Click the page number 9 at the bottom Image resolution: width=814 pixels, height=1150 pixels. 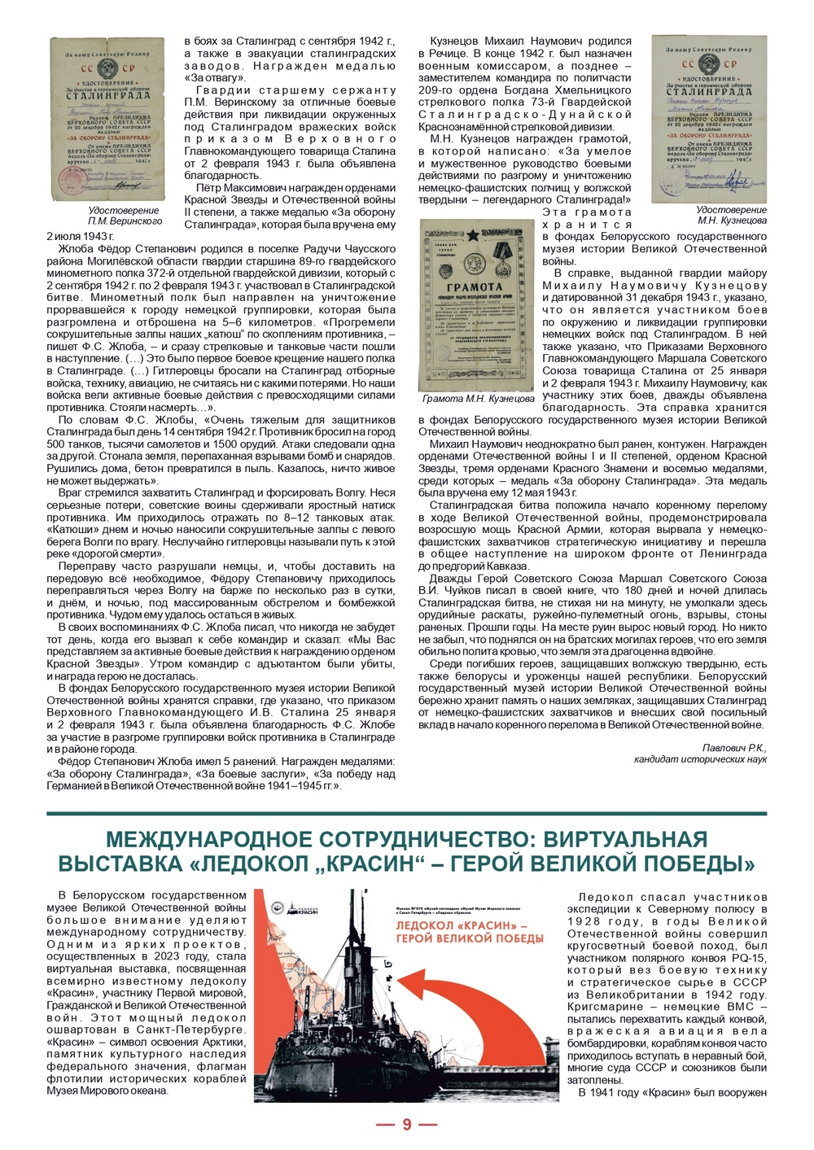pos(406,1125)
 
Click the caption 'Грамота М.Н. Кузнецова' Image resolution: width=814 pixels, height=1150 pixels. pos(478,399)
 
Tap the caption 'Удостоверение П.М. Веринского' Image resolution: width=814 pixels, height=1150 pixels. pos(125,216)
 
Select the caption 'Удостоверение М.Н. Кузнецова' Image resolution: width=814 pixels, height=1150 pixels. pos(731,215)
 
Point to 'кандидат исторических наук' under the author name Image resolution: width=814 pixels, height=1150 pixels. pos(700,759)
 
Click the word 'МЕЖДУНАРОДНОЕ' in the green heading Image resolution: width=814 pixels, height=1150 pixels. pos(203,839)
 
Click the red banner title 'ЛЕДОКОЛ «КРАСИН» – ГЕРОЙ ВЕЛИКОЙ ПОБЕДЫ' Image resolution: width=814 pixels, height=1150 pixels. pos(469,932)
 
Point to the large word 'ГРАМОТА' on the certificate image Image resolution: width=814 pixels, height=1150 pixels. pos(475,286)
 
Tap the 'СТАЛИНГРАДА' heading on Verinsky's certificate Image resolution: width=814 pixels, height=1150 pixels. pos(108,95)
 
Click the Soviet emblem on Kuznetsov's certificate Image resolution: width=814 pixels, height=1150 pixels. pos(708,63)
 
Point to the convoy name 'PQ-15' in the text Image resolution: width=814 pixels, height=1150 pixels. pos(749,958)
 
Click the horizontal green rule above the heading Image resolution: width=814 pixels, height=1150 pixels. pos(406,813)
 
